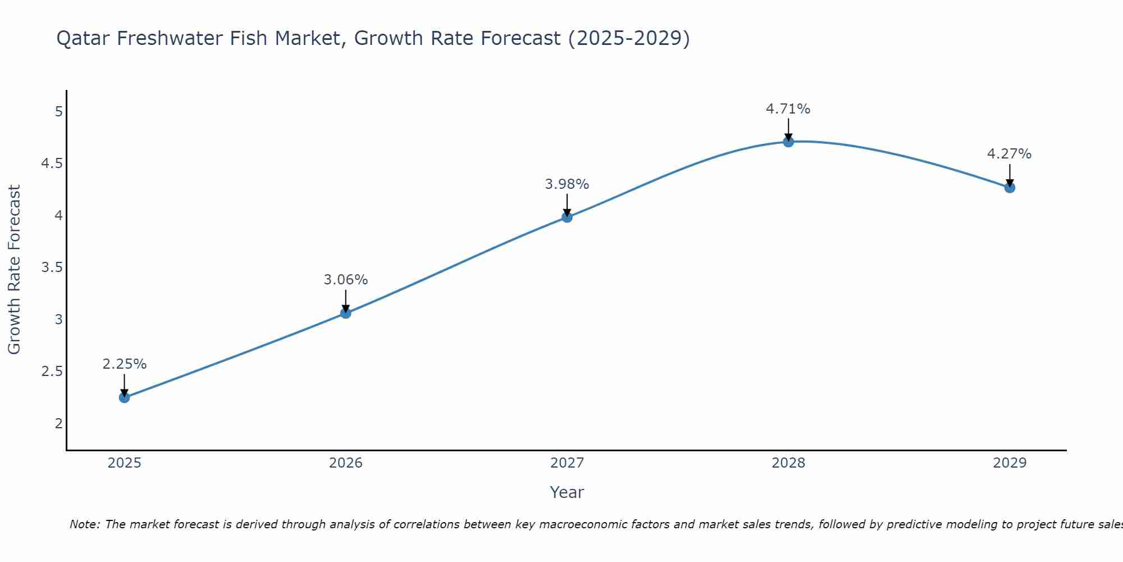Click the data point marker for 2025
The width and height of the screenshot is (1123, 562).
[x=125, y=397]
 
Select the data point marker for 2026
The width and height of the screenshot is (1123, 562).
[x=346, y=313]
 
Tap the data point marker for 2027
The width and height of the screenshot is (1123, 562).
[x=567, y=217]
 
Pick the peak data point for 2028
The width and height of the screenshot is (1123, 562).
[x=788, y=142]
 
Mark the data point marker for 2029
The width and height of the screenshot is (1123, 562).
[x=1010, y=188]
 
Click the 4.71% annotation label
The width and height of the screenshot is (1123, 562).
[x=788, y=109]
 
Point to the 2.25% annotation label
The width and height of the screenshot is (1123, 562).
[x=125, y=364]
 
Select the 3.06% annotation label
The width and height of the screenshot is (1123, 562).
[x=346, y=280]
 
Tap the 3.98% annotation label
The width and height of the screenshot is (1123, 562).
[x=567, y=184]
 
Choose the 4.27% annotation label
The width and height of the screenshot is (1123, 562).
[x=1009, y=154]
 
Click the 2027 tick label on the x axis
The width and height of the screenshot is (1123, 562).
[x=567, y=463]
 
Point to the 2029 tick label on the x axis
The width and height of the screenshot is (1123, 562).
[x=1010, y=463]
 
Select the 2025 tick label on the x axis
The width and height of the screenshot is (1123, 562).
[x=125, y=463]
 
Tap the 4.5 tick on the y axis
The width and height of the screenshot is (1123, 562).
[x=52, y=164]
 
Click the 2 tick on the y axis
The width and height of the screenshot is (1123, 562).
[x=58, y=423]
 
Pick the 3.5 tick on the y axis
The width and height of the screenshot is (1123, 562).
[x=52, y=268]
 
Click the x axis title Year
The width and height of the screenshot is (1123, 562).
[x=567, y=492]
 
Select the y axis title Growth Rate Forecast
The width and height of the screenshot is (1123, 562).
[x=14, y=270]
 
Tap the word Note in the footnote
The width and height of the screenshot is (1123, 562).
[x=84, y=524]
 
